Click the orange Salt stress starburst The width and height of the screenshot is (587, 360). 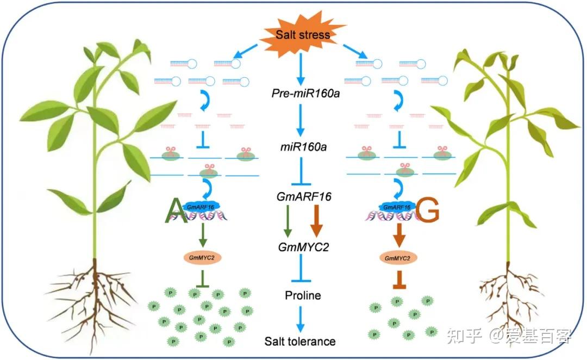tap(302, 35)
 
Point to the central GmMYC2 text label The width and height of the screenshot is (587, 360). tap(302, 247)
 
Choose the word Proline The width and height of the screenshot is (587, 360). tap(303, 295)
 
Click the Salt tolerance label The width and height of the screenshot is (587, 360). tap(300, 342)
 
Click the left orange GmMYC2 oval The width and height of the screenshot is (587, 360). tap(202, 257)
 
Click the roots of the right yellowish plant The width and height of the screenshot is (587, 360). tap(508, 296)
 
